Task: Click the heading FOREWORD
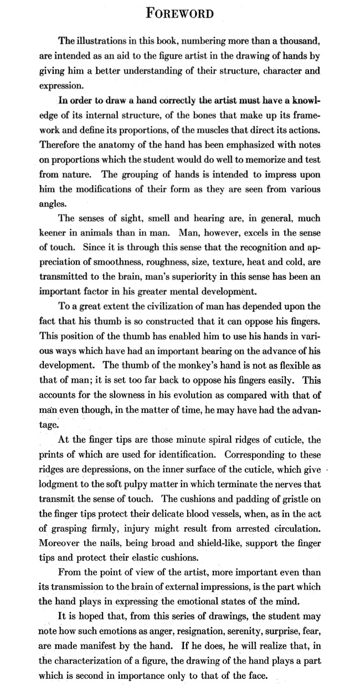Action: click(x=180, y=13)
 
